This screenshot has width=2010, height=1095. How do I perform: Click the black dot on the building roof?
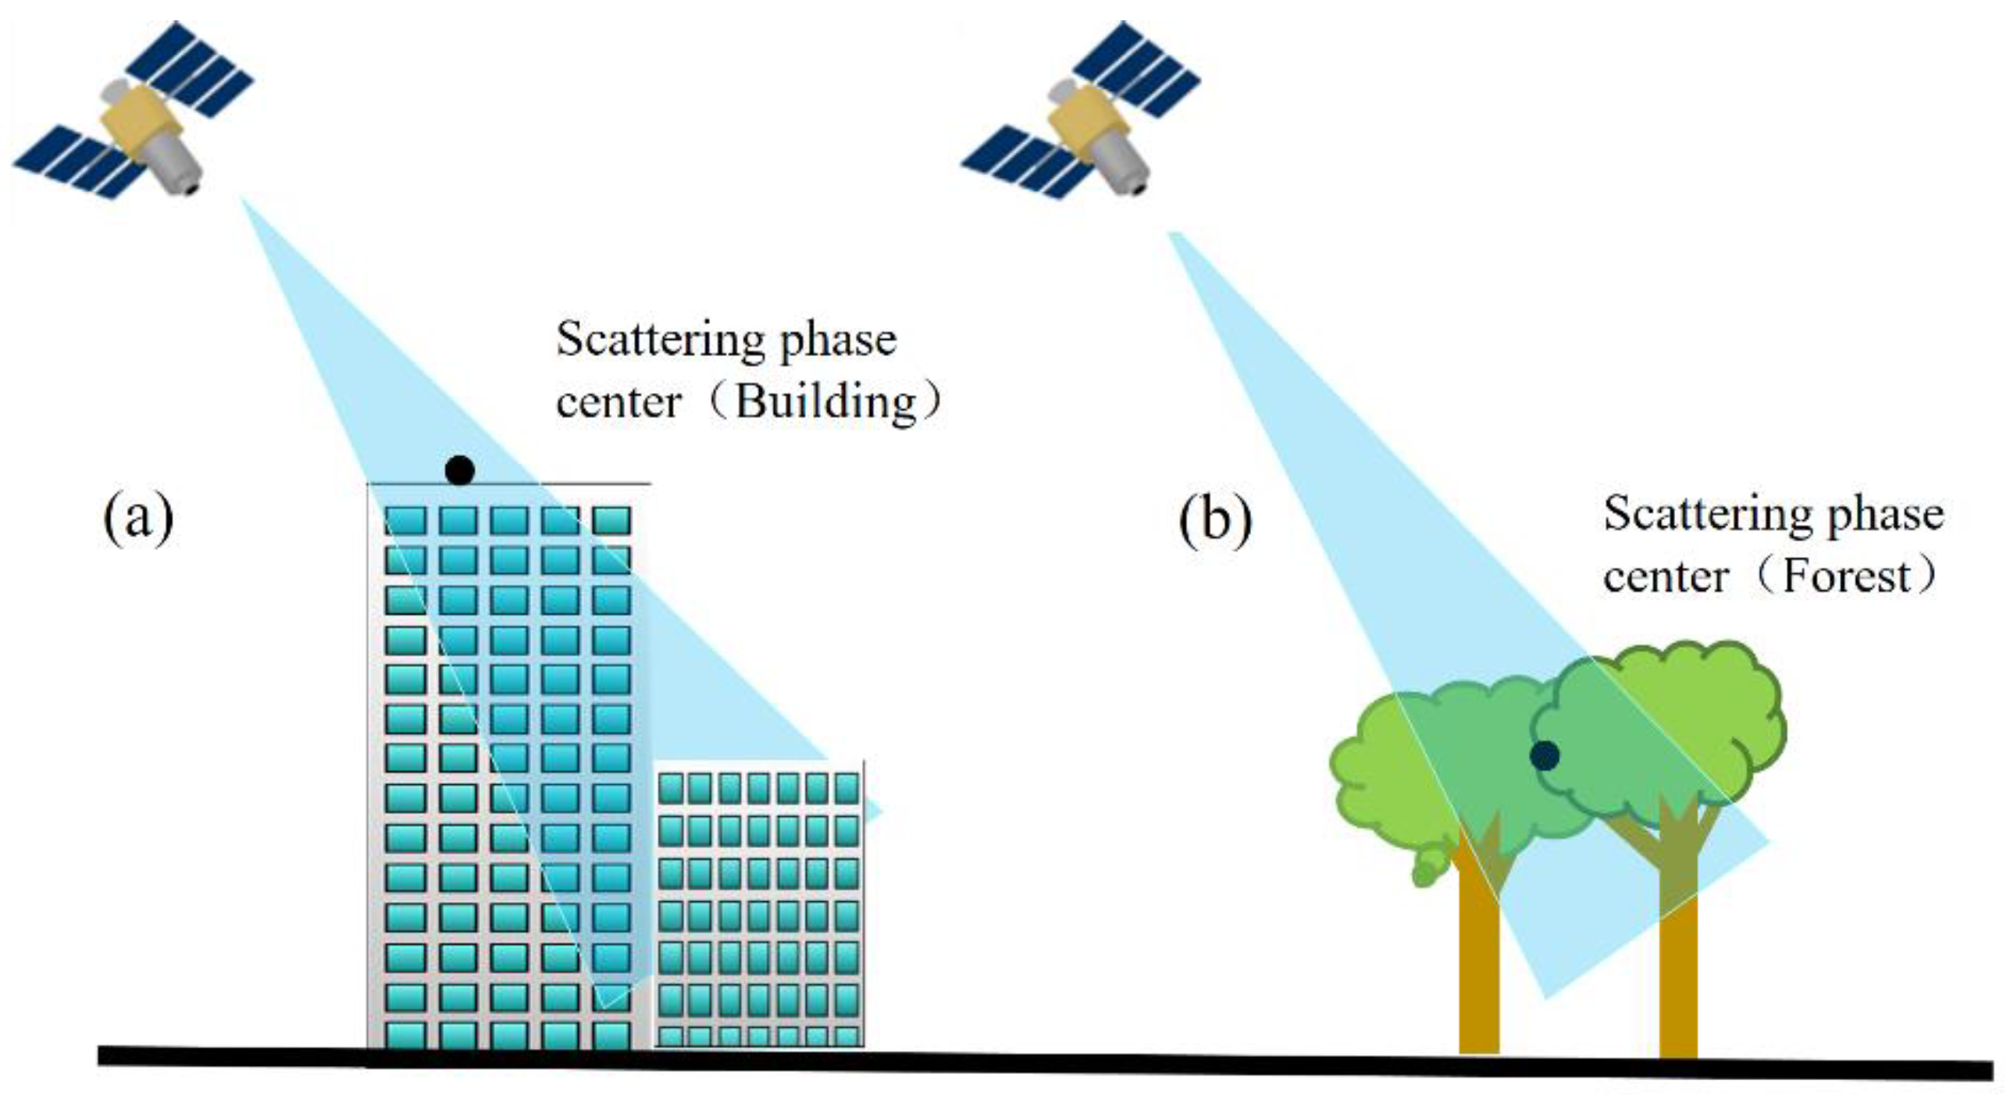tap(459, 469)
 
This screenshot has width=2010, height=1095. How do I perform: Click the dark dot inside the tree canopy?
tap(1545, 755)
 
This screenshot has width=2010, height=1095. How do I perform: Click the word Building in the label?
tap(827, 402)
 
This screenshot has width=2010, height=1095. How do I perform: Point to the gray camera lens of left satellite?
tap(180, 168)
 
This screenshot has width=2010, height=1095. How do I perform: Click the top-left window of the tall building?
tap(405, 520)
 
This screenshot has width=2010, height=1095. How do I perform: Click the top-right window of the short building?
tap(846, 787)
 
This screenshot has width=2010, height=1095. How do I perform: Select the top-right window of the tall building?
tap(611, 520)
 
